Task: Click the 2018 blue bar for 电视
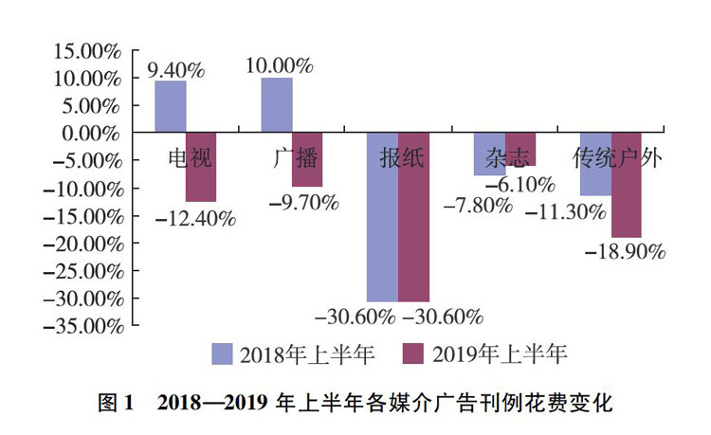click(x=171, y=106)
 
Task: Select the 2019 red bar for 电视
click(x=201, y=167)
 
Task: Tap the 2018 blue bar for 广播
click(x=277, y=105)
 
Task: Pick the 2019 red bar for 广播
click(x=307, y=159)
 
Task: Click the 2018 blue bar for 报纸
click(x=383, y=217)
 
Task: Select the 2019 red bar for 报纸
click(x=413, y=217)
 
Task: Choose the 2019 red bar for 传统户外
click(x=626, y=185)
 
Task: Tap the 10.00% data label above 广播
click(x=279, y=65)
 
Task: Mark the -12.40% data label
click(x=194, y=218)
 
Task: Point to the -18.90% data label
click(x=625, y=252)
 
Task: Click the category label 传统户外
click(x=617, y=156)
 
